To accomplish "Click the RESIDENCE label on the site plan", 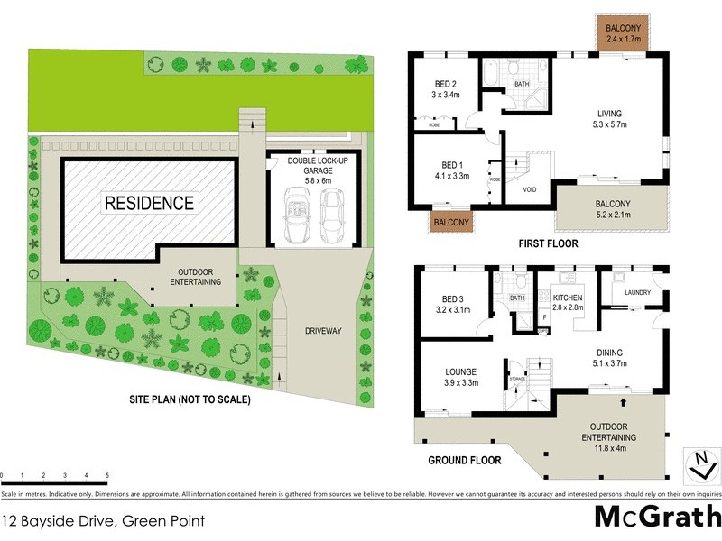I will click(150, 203).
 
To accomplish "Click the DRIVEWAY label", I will click(321, 331).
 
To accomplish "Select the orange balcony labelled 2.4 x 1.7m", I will click(624, 34).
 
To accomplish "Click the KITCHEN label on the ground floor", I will click(569, 298).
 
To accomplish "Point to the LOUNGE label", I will click(460, 371).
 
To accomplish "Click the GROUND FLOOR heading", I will click(464, 459).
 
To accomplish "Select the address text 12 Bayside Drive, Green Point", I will click(103, 520).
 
